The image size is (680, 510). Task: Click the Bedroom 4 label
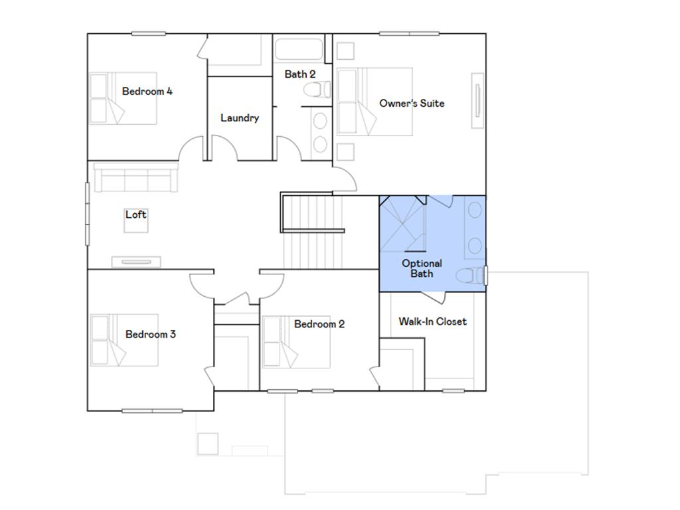point(147,92)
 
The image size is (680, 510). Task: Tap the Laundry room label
point(240,118)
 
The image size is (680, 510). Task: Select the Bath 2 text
point(299,74)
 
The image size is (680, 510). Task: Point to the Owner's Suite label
point(412,103)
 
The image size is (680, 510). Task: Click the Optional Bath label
point(422,268)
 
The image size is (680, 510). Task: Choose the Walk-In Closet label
point(432,321)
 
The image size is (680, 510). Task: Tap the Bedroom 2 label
point(319,324)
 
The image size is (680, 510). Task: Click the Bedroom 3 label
point(151,335)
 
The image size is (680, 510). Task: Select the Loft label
point(135,214)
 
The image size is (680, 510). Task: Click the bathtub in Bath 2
point(299,49)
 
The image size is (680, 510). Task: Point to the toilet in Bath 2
point(317,90)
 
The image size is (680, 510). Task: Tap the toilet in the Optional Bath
point(469,276)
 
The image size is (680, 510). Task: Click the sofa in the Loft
point(135,177)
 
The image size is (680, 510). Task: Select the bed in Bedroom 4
point(123,98)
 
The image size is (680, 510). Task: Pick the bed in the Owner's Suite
point(375,102)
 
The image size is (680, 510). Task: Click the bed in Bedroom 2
point(297,342)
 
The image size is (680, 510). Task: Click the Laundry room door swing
point(224,148)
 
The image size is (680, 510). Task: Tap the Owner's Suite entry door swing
point(345,178)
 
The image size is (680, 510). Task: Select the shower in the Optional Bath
point(402,224)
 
